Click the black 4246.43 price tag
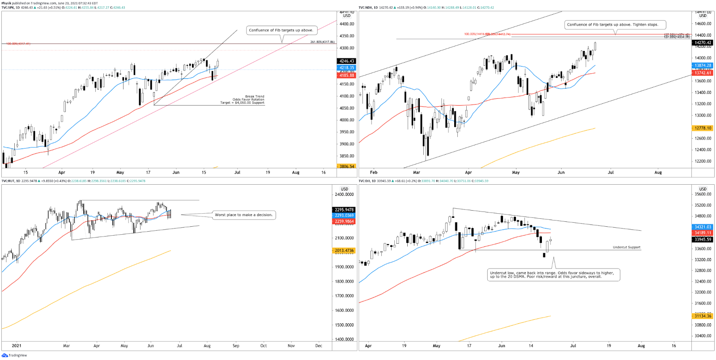pos(346,61)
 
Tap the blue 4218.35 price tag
pos(346,68)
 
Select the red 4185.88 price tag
pos(346,76)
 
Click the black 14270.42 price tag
pos(703,43)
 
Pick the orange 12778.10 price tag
pos(703,128)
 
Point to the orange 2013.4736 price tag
pos(344,250)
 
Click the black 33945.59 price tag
pos(703,240)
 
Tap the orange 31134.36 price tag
pos(703,316)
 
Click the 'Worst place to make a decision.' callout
pos(243,215)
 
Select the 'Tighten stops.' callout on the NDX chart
pos(615,25)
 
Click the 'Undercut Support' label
pos(626,247)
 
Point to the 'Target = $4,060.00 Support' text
pos(242,103)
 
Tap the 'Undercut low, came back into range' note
pos(554,275)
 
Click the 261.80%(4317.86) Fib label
pos(322,42)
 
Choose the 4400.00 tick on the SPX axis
pos(347,24)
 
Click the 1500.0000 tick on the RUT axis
pos(344,325)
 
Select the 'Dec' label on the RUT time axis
pos(319,346)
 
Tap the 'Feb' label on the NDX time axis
pos(374,172)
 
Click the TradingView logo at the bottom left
pos(14,356)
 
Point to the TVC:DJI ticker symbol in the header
pos(365,181)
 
